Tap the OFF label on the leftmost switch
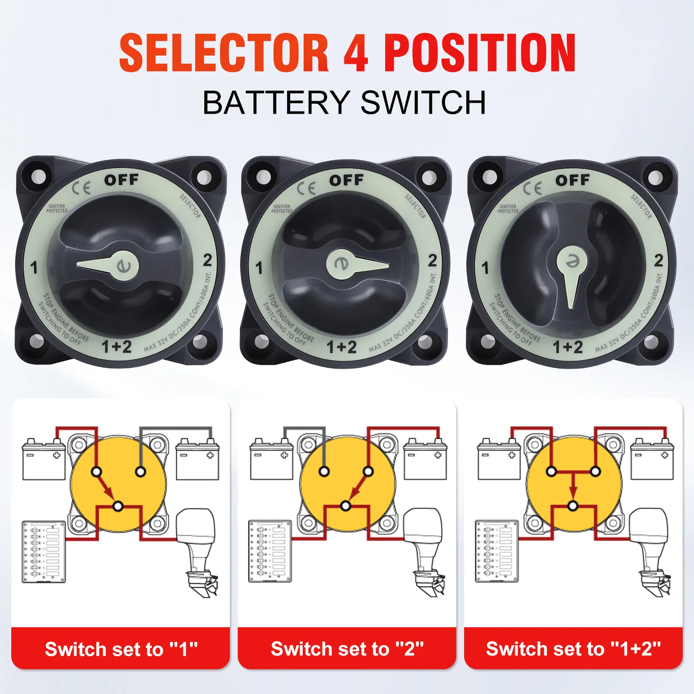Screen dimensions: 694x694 pos(121,180)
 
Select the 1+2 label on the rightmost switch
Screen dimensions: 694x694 pos(567,347)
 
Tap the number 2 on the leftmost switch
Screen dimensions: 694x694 pos(207,260)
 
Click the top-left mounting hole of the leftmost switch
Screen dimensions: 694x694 pos(38,177)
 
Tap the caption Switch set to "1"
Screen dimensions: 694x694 pos(121,649)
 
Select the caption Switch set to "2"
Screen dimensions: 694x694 pos(347,649)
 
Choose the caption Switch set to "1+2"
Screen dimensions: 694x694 pos(573,649)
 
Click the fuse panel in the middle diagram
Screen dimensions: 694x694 pos(270,551)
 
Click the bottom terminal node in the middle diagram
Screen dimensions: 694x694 pos(346,506)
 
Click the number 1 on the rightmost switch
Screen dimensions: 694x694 pos(485,268)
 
